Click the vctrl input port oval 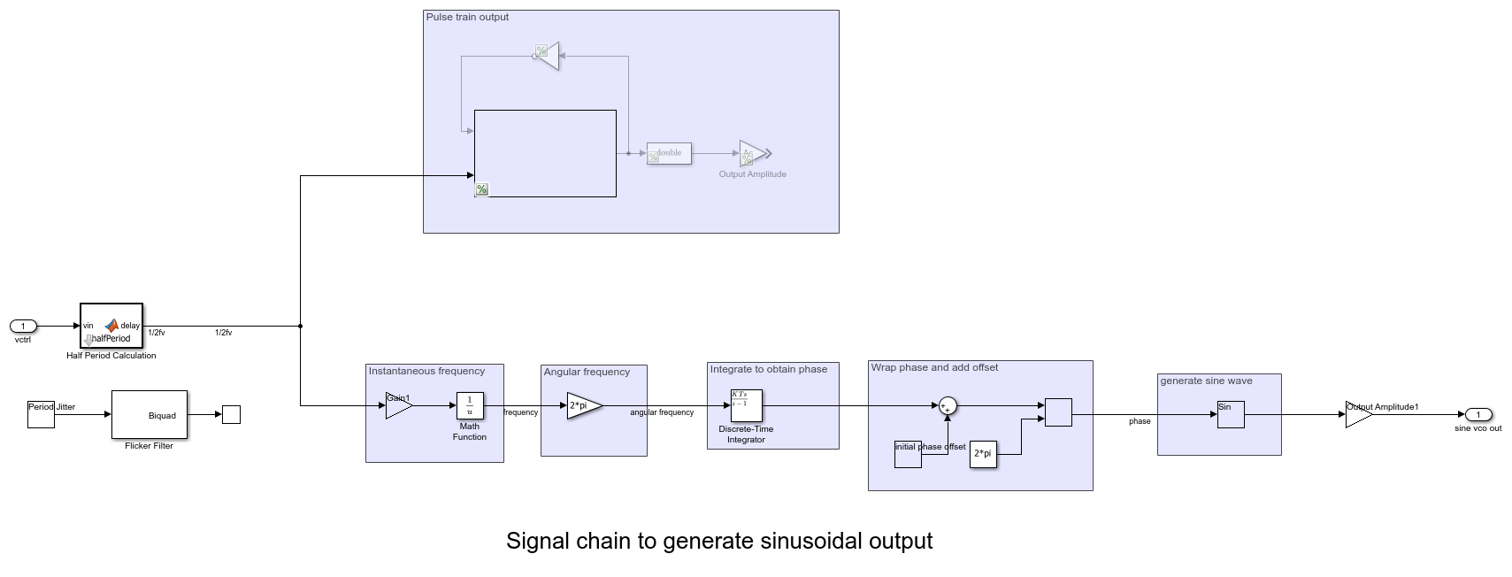[23, 327]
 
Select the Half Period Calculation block [111, 327]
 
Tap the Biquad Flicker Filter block [150, 414]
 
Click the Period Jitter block [41, 414]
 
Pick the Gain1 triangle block [398, 405]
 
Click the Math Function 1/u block [470, 405]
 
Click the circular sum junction [948, 406]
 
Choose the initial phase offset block [908, 454]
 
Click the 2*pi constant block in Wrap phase [983, 454]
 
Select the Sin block [1230, 414]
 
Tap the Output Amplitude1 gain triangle [1357, 414]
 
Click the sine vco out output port [1477, 414]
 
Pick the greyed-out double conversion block [669, 153]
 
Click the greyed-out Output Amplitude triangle [752, 153]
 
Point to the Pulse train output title [467, 17]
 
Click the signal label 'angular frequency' [662, 412]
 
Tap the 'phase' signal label [1140, 421]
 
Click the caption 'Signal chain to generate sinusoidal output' [719, 541]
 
